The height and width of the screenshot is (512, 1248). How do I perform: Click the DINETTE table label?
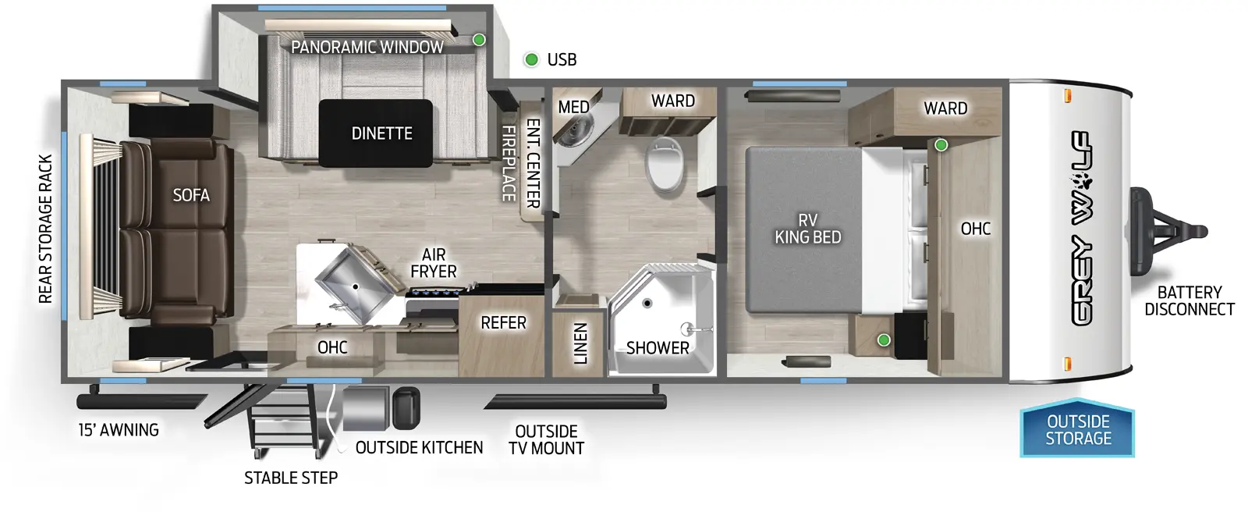pyautogui.click(x=381, y=133)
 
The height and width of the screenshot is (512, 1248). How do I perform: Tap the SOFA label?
pyautogui.click(x=191, y=195)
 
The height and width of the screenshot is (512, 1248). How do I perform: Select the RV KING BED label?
pyautogui.click(x=807, y=229)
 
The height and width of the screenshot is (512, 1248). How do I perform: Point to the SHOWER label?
pyautogui.click(x=658, y=348)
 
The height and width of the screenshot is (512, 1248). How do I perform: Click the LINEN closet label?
pyautogui.click(x=580, y=343)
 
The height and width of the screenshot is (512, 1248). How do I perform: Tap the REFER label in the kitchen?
pyautogui.click(x=503, y=322)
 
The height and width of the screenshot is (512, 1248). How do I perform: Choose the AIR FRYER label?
pyautogui.click(x=434, y=263)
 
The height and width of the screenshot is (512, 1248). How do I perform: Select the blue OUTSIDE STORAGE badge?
pyautogui.click(x=1078, y=430)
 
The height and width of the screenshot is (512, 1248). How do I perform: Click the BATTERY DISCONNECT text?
pyautogui.click(x=1189, y=300)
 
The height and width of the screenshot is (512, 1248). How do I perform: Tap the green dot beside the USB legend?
pyautogui.click(x=531, y=59)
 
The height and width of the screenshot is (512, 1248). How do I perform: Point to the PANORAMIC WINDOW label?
pyautogui.click(x=367, y=47)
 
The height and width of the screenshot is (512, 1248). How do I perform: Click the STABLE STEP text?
pyautogui.click(x=291, y=478)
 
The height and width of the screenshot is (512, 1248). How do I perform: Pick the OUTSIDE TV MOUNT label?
pyautogui.click(x=546, y=439)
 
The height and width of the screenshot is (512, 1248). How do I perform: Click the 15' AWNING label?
pyautogui.click(x=119, y=430)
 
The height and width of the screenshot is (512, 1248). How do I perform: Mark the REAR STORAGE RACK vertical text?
pyautogui.click(x=45, y=229)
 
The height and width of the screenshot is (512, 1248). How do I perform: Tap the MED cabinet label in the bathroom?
pyautogui.click(x=573, y=107)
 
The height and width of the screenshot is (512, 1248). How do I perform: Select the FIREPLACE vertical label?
pyautogui.click(x=508, y=164)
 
